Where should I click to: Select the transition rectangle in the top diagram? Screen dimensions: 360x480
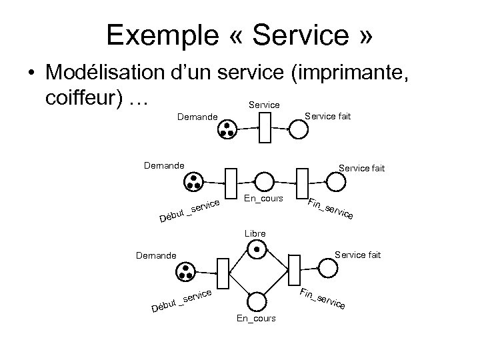pyautogui.click(x=265, y=127)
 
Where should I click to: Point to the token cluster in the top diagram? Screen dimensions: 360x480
pyautogui.click(x=227, y=129)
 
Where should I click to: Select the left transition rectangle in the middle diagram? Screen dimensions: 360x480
pyautogui.click(x=231, y=183)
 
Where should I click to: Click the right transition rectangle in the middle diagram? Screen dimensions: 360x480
pyautogui.click(x=302, y=182)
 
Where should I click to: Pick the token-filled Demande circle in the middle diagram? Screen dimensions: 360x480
pyautogui.click(x=194, y=182)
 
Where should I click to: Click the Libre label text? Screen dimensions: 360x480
pyautogui.click(x=255, y=233)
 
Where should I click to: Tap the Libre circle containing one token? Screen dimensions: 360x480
pyautogui.click(x=255, y=250)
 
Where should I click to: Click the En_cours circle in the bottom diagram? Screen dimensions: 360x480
pyautogui.click(x=255, y=302)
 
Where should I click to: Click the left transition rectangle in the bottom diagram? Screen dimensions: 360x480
pyautogui.click(x=223, y=270)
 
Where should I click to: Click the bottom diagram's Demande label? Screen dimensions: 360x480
pyautogui.click(x=155, y=255)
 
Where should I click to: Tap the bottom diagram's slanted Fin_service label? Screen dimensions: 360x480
pyautogui.click(x=322, y=299)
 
